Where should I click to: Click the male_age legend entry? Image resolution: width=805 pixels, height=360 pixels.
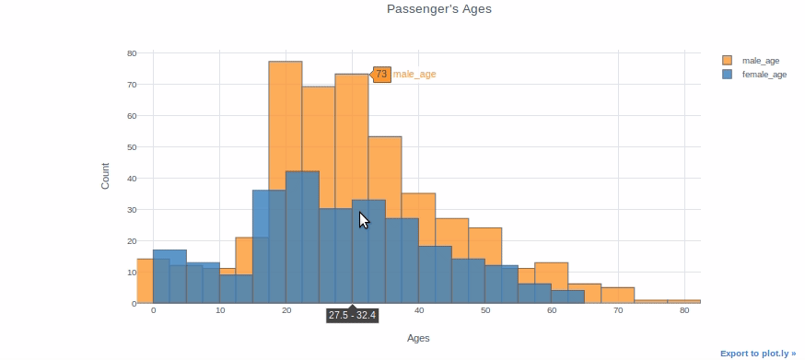(760, 61)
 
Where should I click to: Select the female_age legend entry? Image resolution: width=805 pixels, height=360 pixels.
(764, 74)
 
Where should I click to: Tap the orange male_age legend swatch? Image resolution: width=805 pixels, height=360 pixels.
(728, 61)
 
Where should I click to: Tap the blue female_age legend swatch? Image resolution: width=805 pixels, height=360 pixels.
(728, 74)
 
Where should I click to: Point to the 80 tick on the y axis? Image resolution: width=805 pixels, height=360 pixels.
(132, 53)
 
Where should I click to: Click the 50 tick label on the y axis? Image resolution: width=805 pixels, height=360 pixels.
(132, 147)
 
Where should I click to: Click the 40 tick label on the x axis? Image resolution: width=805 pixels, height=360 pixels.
(418, 311)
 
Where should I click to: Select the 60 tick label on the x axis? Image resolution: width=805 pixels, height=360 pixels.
(551, 311)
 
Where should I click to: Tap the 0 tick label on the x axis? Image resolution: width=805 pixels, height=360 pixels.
(153, 311)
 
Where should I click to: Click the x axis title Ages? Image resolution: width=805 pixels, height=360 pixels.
(418, 338)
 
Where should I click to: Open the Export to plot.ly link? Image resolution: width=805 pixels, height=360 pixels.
(757, 353)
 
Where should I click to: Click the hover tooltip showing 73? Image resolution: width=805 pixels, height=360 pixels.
(381, 75)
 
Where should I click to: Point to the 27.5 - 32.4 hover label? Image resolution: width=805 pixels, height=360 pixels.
(352, 315)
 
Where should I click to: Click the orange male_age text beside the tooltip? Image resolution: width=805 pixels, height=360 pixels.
(414, 75)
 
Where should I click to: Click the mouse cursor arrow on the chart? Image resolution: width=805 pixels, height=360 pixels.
(363, 220)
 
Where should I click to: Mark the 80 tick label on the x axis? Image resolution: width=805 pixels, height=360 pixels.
(683, 311)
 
